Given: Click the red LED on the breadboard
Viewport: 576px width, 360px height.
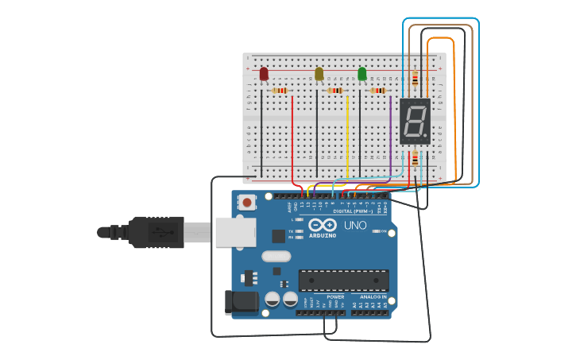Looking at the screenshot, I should pos(264,74).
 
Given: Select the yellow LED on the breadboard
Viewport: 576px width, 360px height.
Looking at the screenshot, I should pos(319,74).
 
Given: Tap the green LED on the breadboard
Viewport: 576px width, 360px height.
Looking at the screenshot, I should pos(362,74).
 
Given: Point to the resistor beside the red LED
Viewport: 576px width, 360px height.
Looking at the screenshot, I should pos(280,91).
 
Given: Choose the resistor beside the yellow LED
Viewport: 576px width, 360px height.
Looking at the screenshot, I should pos(335,91).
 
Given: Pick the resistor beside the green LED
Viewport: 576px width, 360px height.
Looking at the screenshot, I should pos(378,91).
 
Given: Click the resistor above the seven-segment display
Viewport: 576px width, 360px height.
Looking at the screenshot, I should pos(415,79).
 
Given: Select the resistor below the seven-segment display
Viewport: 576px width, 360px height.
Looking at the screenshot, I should pos(415,160).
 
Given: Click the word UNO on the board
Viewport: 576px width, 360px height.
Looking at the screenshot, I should pos(355,225).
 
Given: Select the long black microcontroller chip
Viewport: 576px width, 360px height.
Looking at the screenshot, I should pos(344,280).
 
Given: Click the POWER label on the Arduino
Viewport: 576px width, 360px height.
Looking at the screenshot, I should pos(335,297).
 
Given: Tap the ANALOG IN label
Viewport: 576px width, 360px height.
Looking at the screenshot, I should pos(372,297).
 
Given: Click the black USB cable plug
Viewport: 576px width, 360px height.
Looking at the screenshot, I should pos(156,232).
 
